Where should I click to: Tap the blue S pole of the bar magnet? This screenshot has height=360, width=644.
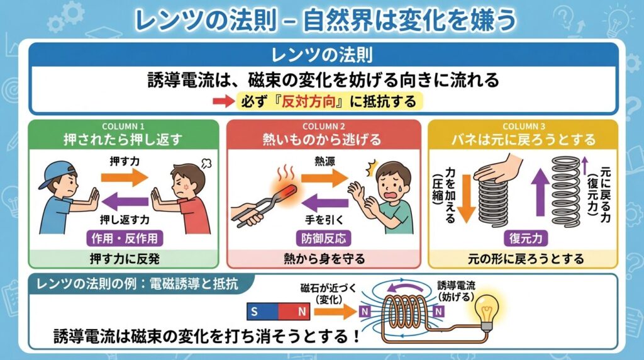(x=254, y=311)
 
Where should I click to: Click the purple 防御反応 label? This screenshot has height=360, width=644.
(x=323, y=238)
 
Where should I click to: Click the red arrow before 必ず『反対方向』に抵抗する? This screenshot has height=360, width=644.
(x=225, y=101)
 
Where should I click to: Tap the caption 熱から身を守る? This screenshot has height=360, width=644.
(x=323, y=258)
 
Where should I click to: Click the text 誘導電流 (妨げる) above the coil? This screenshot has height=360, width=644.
(x=457, y=290)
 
